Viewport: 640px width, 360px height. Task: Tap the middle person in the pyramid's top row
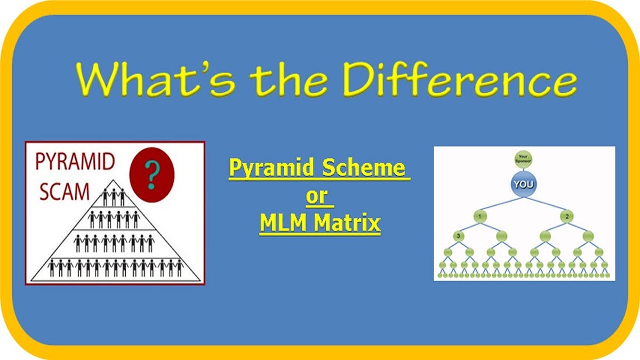point(114,197)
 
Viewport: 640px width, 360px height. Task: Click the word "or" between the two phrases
point(319,196)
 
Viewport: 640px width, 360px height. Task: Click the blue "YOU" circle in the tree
point(523,185)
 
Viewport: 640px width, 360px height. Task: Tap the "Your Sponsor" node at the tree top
point(523,158)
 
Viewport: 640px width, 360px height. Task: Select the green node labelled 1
point(479,217)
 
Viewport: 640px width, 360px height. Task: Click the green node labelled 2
point(567,217)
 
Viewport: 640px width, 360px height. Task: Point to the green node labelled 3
point(458,235)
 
